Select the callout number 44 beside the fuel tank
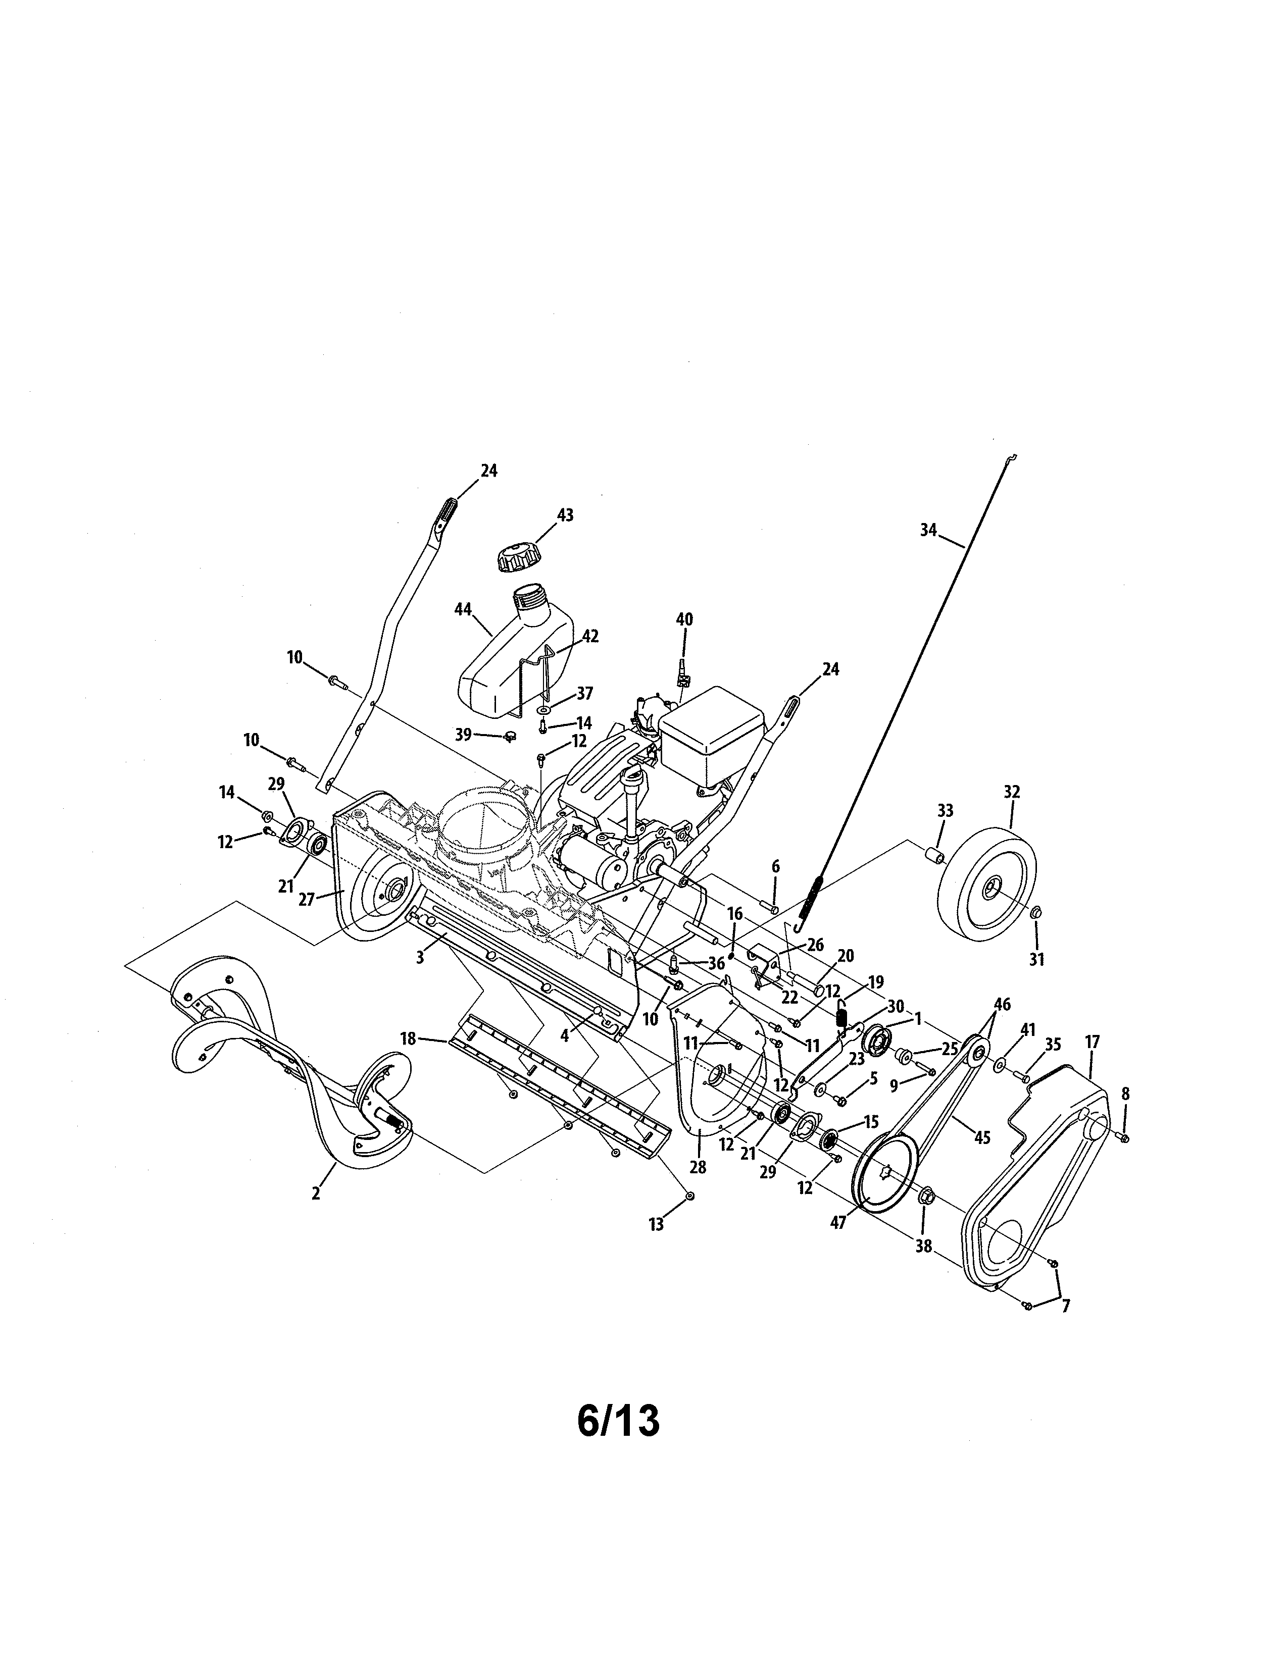tap(462, 609)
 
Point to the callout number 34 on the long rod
tap(928, 530)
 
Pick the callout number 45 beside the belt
tap(982, 1138)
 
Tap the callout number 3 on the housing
tap(420, 957)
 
